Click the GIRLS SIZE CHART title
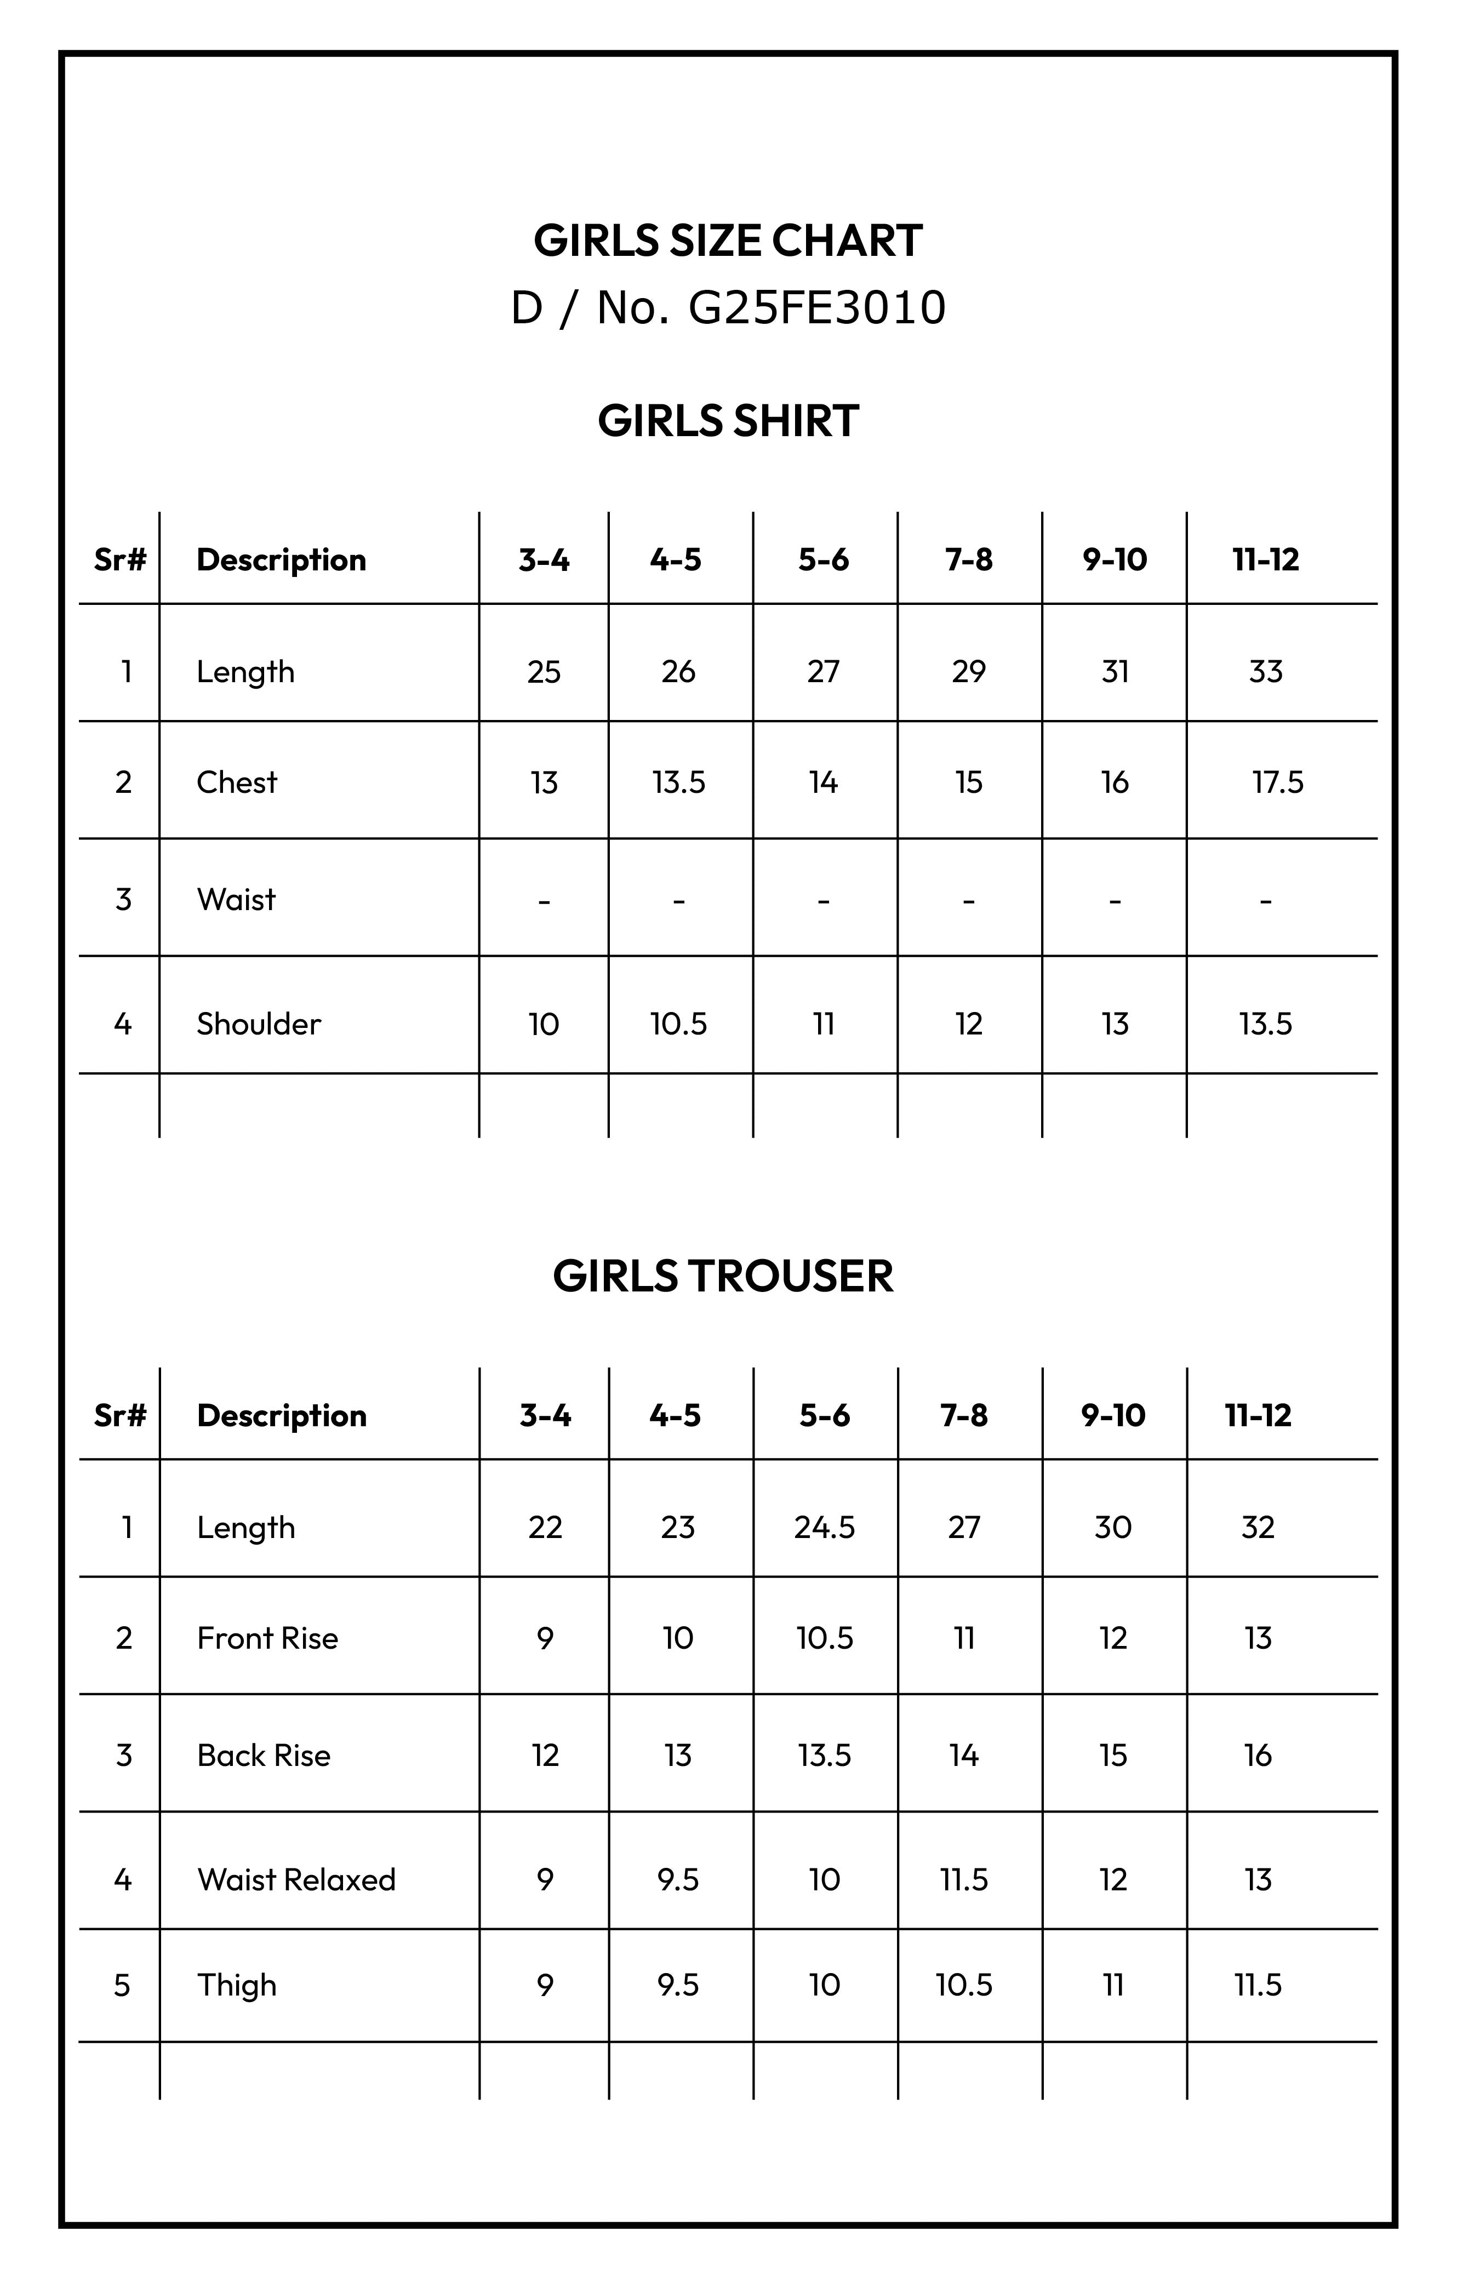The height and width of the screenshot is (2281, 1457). [x=728, y=241]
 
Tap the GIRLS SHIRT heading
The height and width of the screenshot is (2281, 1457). [x=728, y=421]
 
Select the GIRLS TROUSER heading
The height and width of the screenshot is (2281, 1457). [x=723, y=1276]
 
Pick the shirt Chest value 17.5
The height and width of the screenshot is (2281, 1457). [x=1277, y=782]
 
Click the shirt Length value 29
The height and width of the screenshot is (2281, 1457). [x=968, y=672]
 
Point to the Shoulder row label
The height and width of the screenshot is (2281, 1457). [x=259, y=1024]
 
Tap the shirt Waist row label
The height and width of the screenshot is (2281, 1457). [x=236, y=899]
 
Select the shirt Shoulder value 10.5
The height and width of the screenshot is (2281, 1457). [x=678, y=1024]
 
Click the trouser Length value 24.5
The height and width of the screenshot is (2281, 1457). [x=824, y=1527]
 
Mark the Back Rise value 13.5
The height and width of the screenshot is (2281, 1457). [x=824, y=1756]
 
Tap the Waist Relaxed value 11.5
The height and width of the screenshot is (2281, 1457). [x=963, y=1879]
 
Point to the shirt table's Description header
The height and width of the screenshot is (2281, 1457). [x=281, y=560]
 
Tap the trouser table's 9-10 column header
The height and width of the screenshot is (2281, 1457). [x=1113, y=1415]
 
